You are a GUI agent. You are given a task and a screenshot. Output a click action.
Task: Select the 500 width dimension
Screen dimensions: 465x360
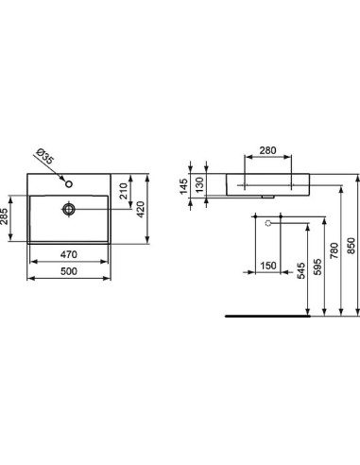(x=70, y=272)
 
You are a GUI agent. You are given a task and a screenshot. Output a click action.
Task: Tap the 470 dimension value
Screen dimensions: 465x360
(x=70, y=253)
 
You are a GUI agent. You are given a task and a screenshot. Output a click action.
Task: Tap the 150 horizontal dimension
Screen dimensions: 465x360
(x=269, y=266)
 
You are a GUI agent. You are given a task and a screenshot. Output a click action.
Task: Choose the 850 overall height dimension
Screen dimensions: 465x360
(x=352, y=243)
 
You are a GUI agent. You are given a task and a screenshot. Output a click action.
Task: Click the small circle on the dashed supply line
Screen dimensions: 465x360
(x=268, y=223)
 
